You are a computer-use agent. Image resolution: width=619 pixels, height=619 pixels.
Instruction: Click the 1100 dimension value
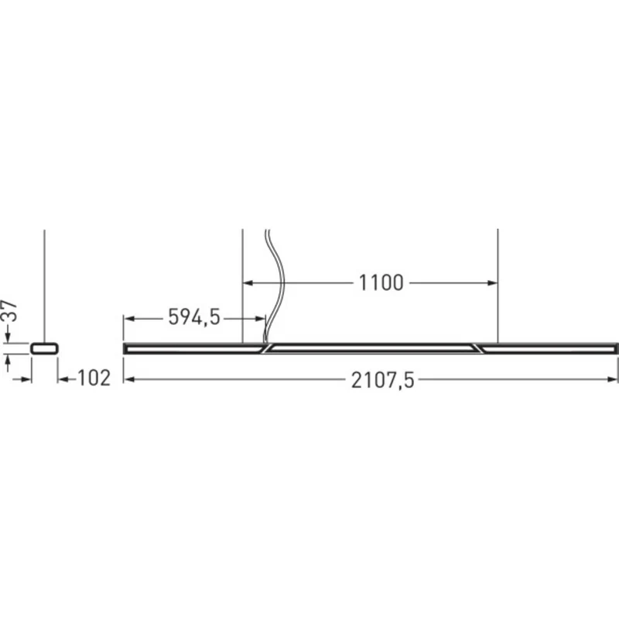381,282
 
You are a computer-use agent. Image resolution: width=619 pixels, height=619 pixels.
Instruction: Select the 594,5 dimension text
194,317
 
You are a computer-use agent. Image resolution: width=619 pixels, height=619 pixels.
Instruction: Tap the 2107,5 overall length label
382,381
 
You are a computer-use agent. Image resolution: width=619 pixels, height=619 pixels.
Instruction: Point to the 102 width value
94,378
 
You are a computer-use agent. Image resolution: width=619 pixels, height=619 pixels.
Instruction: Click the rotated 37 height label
10,312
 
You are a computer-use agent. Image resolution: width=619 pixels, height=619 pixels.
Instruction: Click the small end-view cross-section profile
45,349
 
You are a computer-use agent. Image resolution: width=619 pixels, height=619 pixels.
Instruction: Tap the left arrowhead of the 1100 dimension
248,282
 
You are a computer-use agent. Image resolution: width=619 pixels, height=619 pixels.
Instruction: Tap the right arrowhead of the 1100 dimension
493,282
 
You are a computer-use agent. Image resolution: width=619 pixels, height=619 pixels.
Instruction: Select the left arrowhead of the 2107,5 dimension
128,379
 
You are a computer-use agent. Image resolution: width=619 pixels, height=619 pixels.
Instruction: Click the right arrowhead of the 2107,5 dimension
612,379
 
